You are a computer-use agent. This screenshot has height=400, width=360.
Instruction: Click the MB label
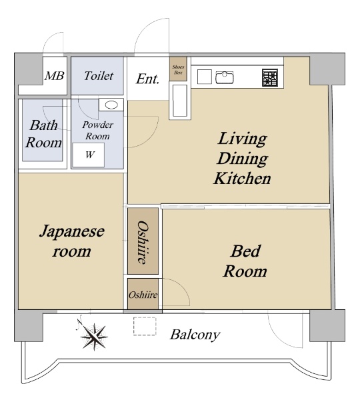(55, 76)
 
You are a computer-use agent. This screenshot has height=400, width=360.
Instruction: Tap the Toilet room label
(99, 76)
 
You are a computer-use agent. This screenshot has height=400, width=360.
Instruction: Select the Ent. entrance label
(148, 79)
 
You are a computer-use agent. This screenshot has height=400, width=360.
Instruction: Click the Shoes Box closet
(178, 69)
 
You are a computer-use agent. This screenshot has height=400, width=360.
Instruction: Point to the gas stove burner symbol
(271, 77)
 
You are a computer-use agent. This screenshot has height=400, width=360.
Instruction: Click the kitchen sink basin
(225, 77)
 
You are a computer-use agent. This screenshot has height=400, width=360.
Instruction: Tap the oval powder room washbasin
(111, 105)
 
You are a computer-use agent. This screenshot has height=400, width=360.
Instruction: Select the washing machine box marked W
(89, 155)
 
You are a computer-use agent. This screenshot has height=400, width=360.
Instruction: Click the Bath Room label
(43, 133)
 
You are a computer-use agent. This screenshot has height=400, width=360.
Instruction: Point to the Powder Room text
(98, 131)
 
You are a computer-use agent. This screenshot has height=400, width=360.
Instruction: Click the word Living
(242, 139)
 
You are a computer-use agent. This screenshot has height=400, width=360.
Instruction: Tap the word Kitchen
(242, 178)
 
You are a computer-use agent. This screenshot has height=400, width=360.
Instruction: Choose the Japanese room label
(72, 241)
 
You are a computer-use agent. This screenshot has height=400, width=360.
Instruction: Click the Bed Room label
(245, 261)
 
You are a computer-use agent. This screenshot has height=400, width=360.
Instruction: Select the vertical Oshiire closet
(143, 241)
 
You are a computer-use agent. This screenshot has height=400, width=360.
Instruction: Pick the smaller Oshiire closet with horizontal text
(143, 295)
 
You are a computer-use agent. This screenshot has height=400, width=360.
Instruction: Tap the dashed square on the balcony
(145, 326)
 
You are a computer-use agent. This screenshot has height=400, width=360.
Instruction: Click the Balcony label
(195, 335)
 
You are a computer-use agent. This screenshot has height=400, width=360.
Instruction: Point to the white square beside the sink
(205, 77)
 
